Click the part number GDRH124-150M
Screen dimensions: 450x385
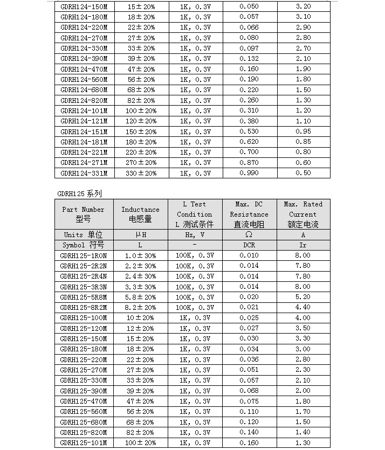pyautogui.click(x=84, y=6)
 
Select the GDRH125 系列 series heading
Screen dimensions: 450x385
pyautogui.click(x=79, y=193)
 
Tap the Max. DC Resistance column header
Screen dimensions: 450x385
pyautogui.click(x=249, y=214)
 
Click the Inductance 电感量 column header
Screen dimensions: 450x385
pyautogui.click(x=140, y=214)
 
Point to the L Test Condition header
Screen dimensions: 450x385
pyautogui.click(x=194, y=214)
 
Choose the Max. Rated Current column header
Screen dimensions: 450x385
pyautogui.click(x=303, y=214)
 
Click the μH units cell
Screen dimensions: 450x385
pyautogui.click(x=140, y=235)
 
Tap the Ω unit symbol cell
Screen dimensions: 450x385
pyautogui.click(x=249, y=235)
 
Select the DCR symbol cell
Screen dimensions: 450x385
pyautogui.click(x=249, y=245)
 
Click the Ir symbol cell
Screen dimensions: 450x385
pyautogui.click(x=303, y=245)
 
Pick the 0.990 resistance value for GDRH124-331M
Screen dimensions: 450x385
pyautogui.click(x=249, y=173)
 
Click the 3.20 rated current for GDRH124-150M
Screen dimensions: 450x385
pyautogui.click(x=303, y=6)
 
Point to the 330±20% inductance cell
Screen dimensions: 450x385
pyautogui.click(x=140, y=173)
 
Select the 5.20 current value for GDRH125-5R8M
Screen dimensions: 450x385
pyautogui.click(x=303, y=297)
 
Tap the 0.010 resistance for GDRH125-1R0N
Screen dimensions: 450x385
pyautogui.click(x=249, y=255)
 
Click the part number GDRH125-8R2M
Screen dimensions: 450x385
pyautogui.click(x=84, y=307)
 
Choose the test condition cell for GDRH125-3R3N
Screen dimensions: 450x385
pyautogui.click(x=194, y=287)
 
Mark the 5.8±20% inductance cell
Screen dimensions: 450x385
pyautogui.click(x=140, y=297)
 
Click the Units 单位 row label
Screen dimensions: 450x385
pyautogui.click(x=83, y=235)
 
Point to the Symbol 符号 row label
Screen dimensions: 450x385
pyautogui.click(x=83, y=245)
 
